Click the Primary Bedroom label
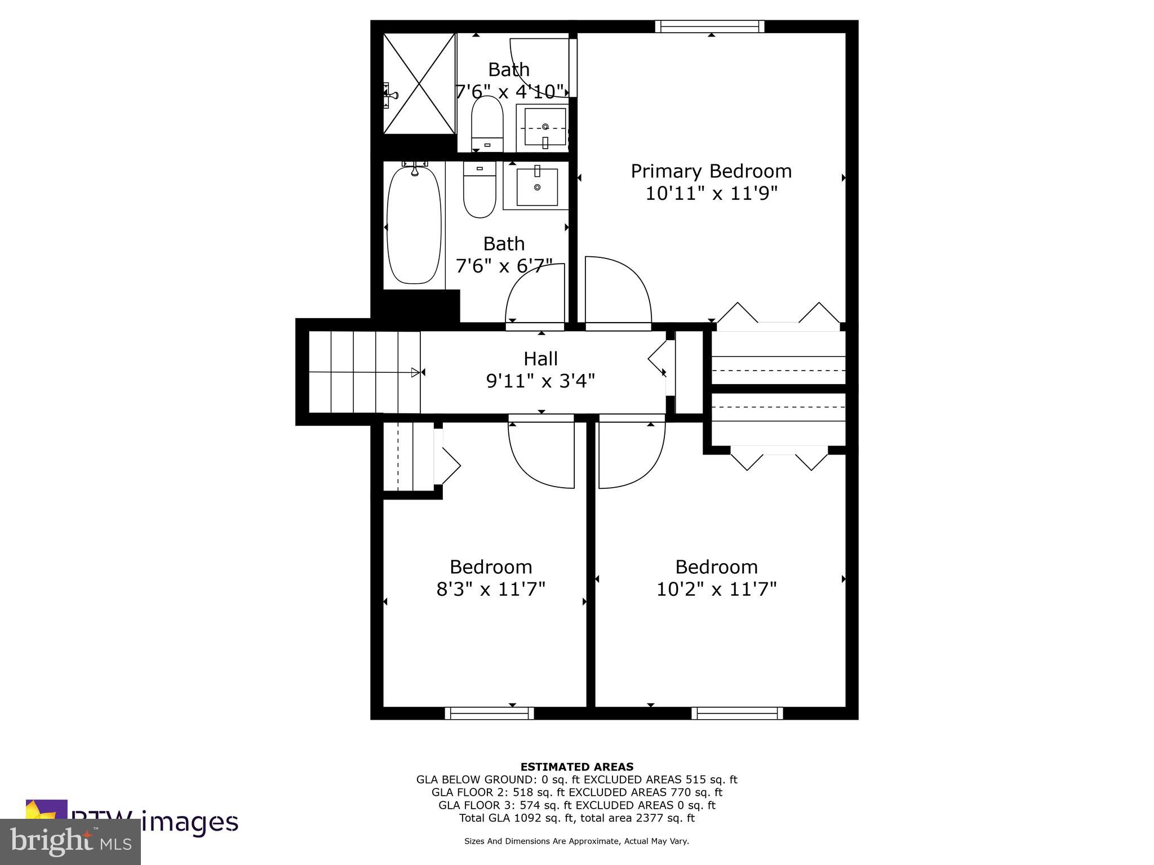click(x=711, y=171)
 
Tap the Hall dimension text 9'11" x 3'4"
click(x=540, y=381)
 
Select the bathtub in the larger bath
click(x=414, y=225)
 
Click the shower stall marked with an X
click(x=419, y=83)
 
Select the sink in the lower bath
click(x=537, y=186)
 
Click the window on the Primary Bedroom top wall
click(x=709, y=26)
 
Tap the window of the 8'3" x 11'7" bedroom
click(x=489, y=714)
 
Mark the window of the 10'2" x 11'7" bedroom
click(x=737, y=714)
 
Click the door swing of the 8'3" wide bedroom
click(x=542, y=454)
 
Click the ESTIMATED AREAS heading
click(x=576, y=766)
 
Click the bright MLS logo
click(x=70, y=841)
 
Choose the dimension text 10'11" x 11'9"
click(x=711, y=193)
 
